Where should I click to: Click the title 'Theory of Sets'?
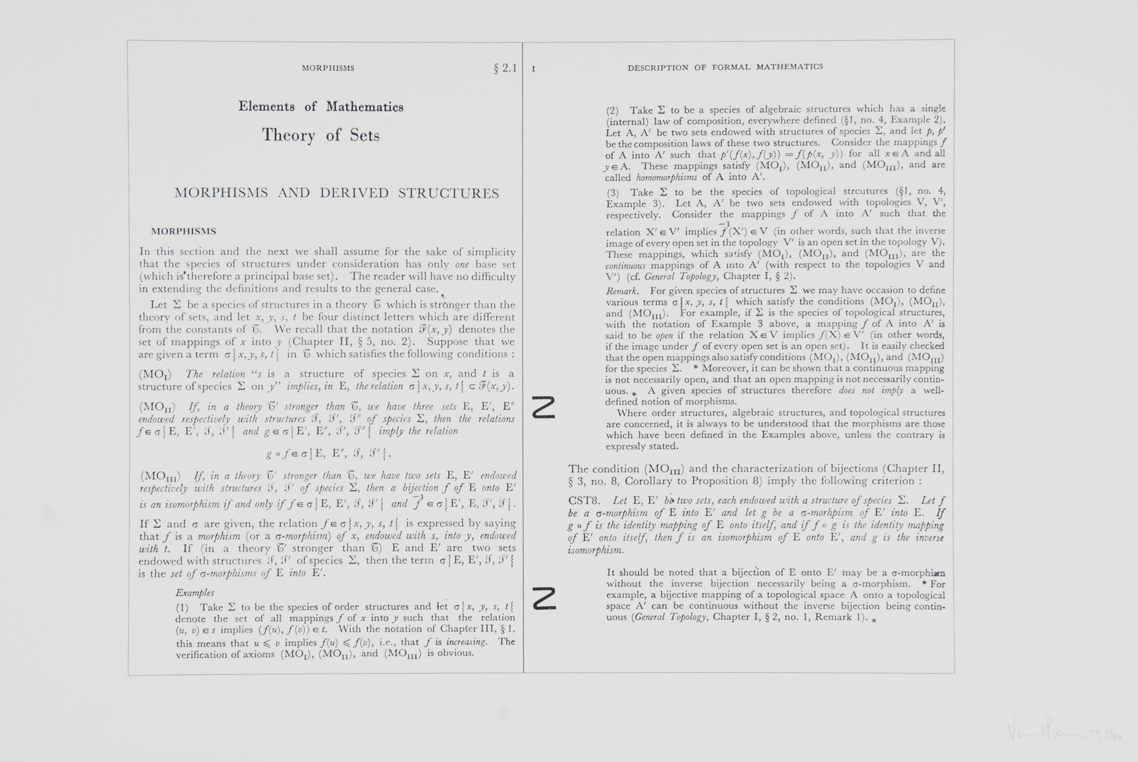tap(321, 135)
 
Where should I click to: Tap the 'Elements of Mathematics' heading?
tap(321, 107)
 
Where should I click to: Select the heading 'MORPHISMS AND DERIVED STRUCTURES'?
tap(337, 193)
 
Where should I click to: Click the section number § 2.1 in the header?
tap(505, 68)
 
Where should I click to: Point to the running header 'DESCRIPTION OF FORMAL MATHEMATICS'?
tap(725, 67)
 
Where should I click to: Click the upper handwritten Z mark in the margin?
tap(544, 407)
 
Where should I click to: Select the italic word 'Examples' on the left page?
tap(194, 593)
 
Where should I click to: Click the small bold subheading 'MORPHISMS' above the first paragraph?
tap(184, 232)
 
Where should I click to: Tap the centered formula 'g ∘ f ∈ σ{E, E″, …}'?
tap(329, 454)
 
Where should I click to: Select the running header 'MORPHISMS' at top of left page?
tap(328, 68)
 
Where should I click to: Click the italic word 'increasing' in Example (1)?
tap(466, 642)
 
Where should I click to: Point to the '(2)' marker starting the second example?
tap(612, 111)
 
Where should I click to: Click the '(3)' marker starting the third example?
tap(612, 193)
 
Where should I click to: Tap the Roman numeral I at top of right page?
tap(533, 69)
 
